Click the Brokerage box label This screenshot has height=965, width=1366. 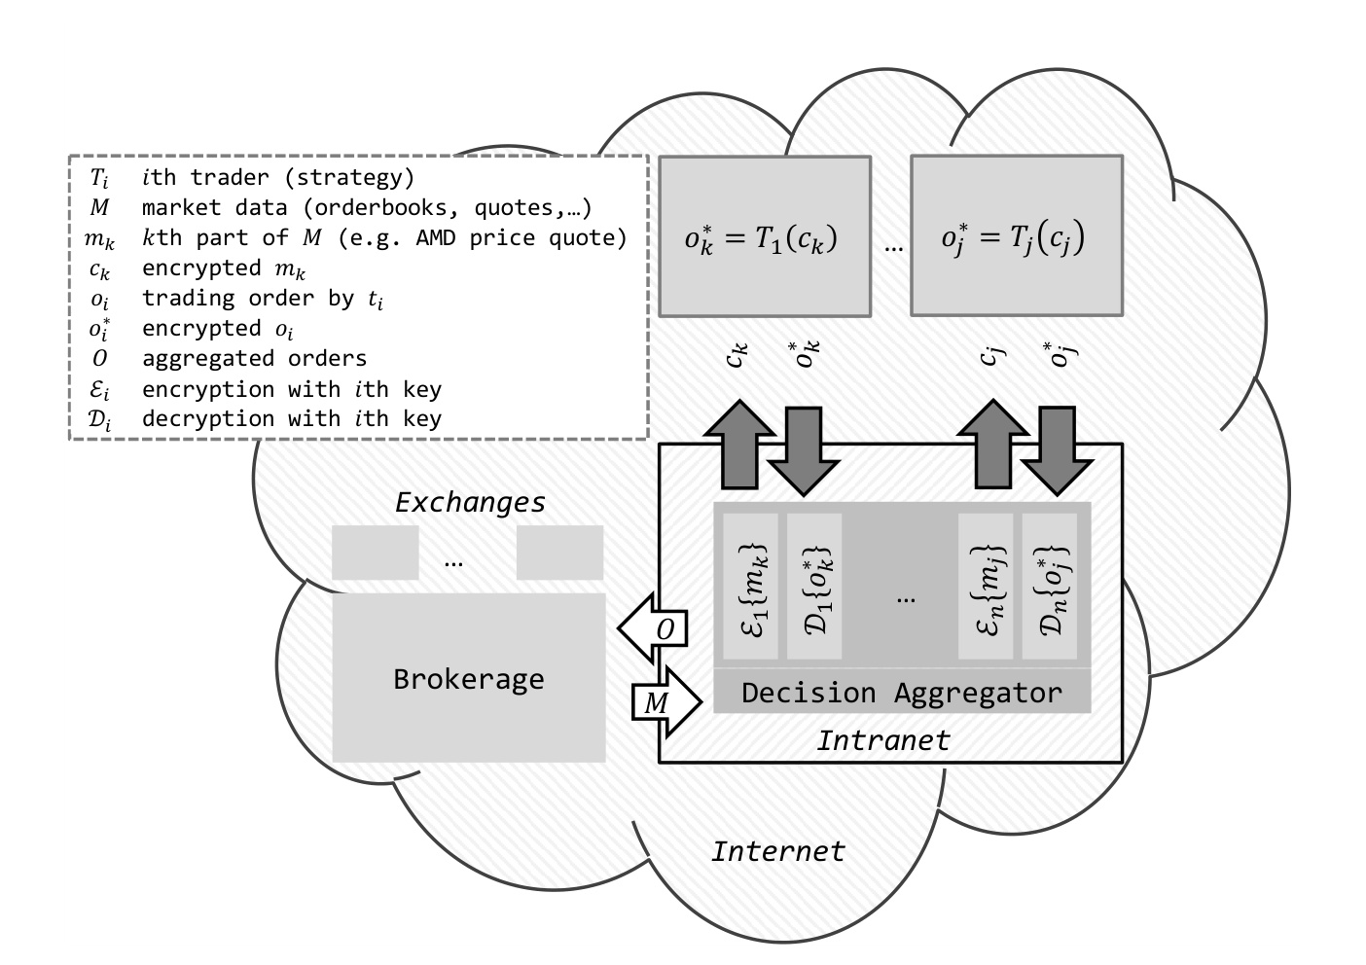point(468,679)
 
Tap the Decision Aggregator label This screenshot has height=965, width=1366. point(901,694)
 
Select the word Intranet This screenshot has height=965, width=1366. point(883,740)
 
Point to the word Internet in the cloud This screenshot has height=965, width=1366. point(778,851)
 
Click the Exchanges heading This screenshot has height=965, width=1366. point(470,503)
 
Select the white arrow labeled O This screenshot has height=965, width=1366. point(653,627)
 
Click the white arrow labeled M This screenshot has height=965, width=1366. point(666,702)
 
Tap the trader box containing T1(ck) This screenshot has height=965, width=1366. point(765,236)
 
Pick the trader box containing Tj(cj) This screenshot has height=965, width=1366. point(1017,236)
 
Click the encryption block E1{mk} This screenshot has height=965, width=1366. point(751,586)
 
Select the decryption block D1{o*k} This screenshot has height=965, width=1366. point(814,586)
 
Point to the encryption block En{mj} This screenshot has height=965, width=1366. point(986,586)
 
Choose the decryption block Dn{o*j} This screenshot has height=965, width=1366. point(1050,586)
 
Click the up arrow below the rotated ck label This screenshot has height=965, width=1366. point(739,445)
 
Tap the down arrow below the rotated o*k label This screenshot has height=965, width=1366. point(804,451)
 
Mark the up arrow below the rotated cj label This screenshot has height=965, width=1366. point(993,445)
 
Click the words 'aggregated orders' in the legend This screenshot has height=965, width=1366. point(254,358)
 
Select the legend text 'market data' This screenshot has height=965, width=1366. point(215,208)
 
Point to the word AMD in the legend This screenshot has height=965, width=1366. point(436,237)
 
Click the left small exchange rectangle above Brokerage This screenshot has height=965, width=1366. point(375,553)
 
